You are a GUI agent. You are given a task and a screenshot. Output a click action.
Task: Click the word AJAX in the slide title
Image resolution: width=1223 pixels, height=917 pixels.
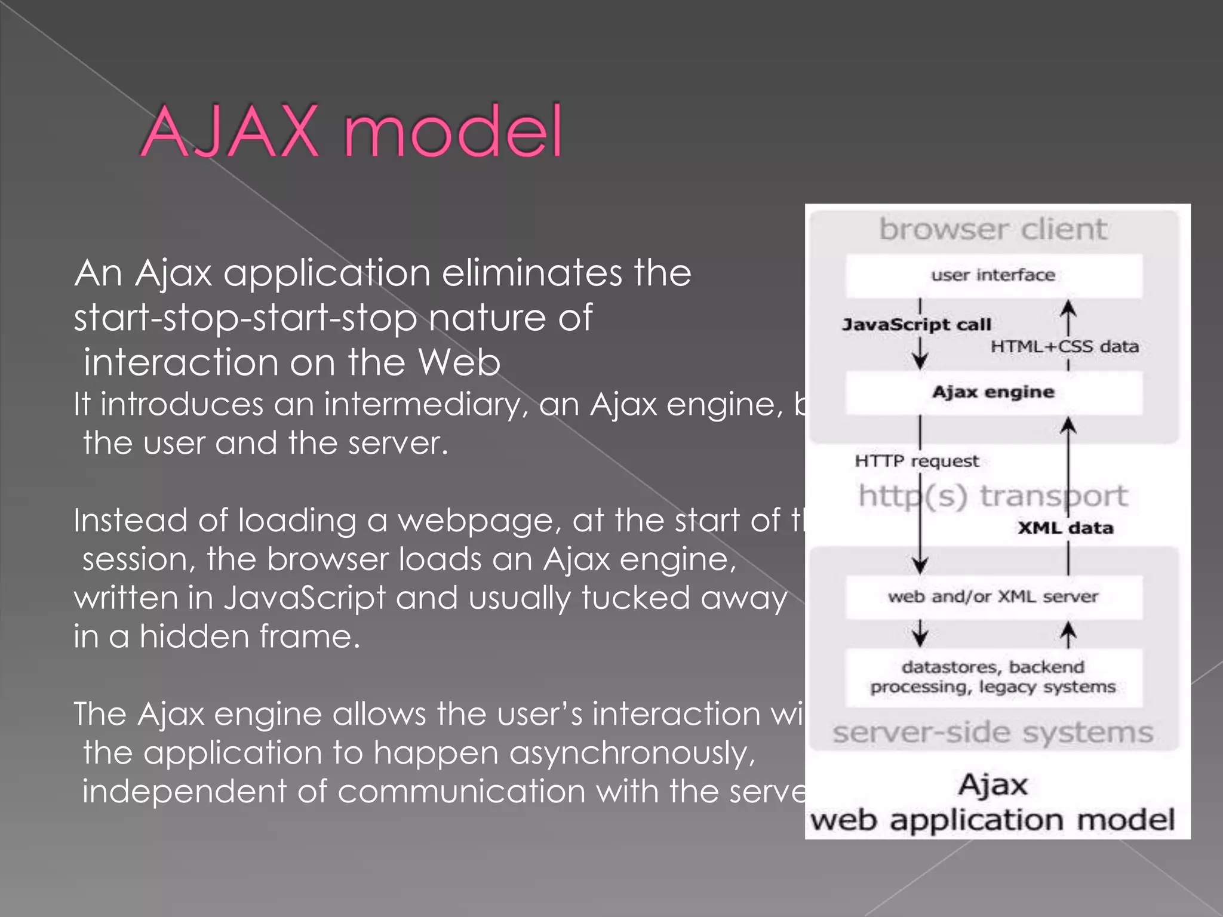coord(230,131)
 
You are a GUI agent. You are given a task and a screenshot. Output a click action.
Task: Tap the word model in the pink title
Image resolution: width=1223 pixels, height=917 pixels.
coord(453,131)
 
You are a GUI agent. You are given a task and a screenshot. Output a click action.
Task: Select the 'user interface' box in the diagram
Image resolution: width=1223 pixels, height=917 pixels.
coord(994,275)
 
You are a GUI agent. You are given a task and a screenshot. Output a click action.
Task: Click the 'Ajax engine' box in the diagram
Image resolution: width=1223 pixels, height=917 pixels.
coord(994,392)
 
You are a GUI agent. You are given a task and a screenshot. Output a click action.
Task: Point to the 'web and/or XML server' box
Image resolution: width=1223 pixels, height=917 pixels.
coord(994,596)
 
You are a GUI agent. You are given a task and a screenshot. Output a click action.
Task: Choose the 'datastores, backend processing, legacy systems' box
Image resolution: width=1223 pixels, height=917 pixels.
coord(994,677)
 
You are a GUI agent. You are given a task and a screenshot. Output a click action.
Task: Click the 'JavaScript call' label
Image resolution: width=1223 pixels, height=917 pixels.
coord(917,325)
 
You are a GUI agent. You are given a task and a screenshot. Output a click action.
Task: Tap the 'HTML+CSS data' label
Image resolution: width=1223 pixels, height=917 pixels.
coord(1065,347)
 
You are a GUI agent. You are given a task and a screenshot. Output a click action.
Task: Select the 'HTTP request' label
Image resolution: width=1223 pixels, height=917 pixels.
coord(917,461)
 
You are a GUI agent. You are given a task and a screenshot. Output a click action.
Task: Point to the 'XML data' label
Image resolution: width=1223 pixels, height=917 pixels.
coord(1065,528)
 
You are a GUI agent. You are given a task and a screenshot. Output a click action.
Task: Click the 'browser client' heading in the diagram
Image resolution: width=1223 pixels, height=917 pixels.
coord(994,230)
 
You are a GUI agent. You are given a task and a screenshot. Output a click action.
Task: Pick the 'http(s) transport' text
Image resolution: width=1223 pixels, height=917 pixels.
coord(994,496)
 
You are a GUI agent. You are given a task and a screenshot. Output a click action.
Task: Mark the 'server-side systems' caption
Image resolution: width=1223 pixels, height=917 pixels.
coord(994,733)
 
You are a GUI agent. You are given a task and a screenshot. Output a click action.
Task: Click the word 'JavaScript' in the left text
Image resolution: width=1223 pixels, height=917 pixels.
coord(305,598)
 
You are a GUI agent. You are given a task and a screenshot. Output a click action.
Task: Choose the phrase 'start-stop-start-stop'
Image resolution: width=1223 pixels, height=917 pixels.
coord(245,318)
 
